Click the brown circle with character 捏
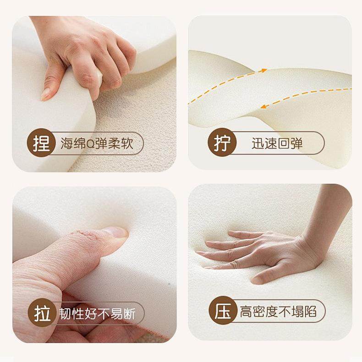pyautogui.click(x=42, y=143)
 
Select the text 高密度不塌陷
pyautogui.click(x=278, y=313)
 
